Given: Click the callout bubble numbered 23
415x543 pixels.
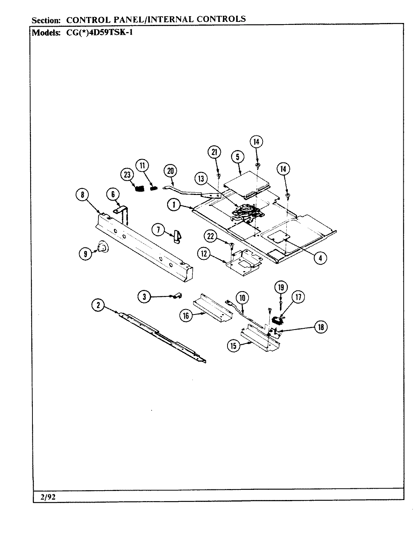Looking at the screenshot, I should point(127,175).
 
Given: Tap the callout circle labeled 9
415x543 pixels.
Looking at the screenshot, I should point(85,254).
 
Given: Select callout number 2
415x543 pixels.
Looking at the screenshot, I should point(98,305).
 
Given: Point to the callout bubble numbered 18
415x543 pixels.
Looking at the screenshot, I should point(321,327).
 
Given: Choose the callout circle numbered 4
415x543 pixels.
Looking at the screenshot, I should point(320,258).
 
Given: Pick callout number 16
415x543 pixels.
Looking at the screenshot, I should point(186,316).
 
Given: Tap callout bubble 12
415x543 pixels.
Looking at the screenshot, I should point(204,254).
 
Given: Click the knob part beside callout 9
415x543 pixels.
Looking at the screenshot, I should point(101,247).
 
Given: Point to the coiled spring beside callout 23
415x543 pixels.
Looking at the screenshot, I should point(140,187).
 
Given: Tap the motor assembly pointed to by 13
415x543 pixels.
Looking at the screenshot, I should point(245,212).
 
